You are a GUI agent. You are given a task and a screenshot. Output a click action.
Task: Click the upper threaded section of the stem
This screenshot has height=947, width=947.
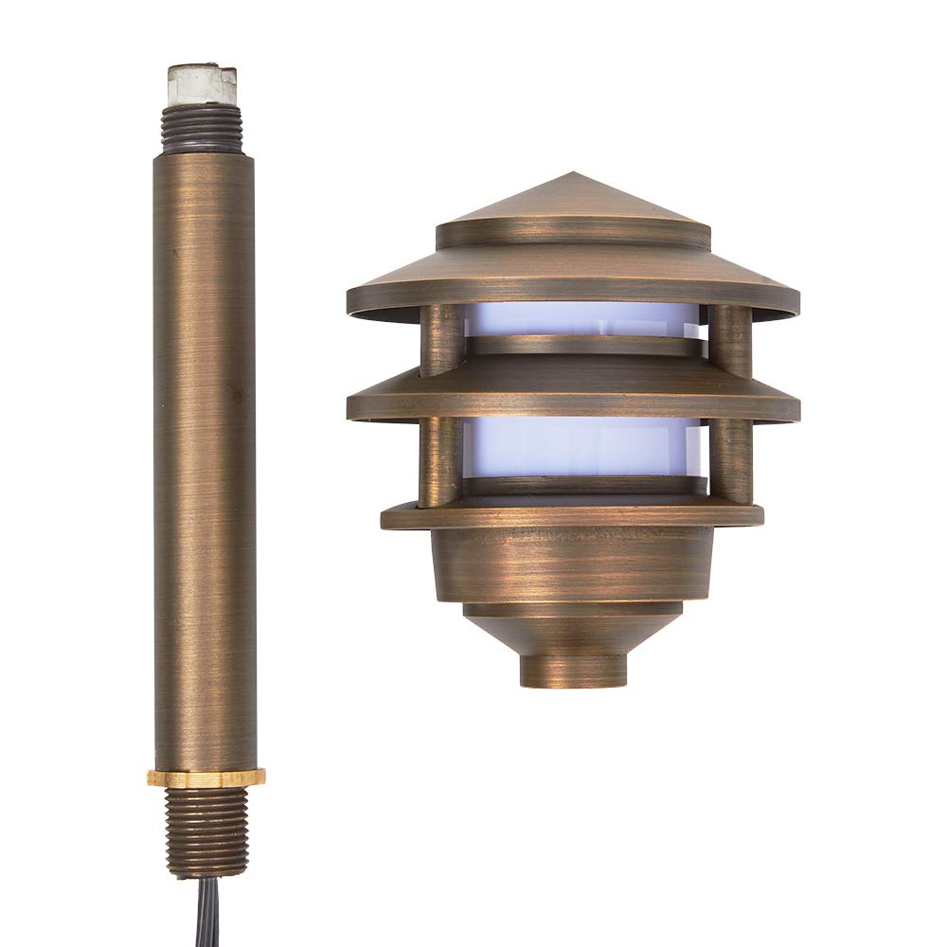coord(201,129)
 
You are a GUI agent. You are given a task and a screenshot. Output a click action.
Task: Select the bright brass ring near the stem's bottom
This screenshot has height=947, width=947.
coord(205,777)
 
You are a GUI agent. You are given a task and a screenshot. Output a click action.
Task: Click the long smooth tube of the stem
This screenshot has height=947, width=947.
coord(205,455)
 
